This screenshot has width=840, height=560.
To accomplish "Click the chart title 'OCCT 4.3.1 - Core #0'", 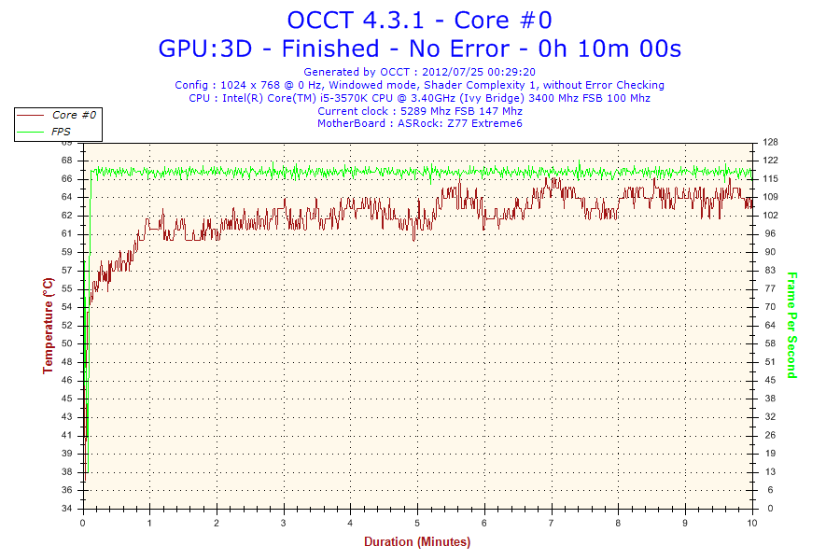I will click(x=419, y=20).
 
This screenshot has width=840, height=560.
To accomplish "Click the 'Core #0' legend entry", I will click(x=74, y=115).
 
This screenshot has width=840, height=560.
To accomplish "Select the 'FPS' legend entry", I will click(x=62, y=132).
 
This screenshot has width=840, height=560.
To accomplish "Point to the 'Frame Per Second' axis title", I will click(x=791, y=326).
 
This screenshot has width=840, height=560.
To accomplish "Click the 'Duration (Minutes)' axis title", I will click(x=417, y=541).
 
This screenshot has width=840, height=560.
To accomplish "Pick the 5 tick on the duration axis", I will click(x=418, y=523).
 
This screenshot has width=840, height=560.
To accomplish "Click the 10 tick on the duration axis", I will click(x=752, y=523).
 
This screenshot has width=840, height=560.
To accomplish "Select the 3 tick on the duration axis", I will click(x=284, y=523).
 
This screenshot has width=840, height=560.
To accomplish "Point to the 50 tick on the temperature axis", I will click(x=66, y=343).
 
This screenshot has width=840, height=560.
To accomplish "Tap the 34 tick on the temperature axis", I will click(x=66, y=509).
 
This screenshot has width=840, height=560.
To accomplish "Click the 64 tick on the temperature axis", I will click(x=66, y=197).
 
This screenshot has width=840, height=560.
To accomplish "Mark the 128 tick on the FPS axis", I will click(x=770, y=142).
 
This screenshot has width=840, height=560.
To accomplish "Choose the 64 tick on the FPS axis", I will click(x=769, y=326).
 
